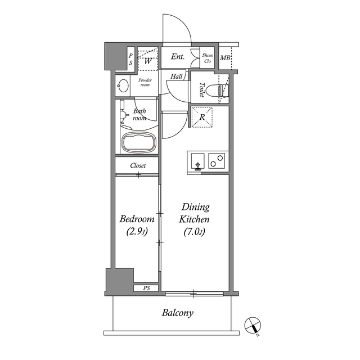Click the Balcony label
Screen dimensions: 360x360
[x=178, y=313]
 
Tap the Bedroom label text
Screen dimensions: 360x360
[x=137, y=219]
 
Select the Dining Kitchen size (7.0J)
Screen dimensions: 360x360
[x=194, y=232]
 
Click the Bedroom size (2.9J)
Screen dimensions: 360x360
[x=137, y=232]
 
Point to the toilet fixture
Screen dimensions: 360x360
[x=218, y=91]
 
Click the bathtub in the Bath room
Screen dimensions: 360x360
[x=139, y=142]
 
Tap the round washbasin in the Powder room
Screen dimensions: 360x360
[x=123, y=85]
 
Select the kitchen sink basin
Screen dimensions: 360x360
[x=197, y=161]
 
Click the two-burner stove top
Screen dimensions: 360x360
[x=217, y=161]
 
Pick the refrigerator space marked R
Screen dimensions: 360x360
[x=202, y=117]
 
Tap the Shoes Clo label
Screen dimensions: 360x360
[x=208, y=58]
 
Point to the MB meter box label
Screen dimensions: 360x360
[x=225, y=58]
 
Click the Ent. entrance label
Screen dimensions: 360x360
[x=178, y=57]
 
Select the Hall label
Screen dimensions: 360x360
[x=176, y=76]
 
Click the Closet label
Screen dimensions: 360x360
[x=138, y=165]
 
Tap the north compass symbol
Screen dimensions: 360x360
[x=253, y=326]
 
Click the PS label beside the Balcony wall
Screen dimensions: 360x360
[x=146, y=288]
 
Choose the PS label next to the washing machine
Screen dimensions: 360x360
[x=130, y=60]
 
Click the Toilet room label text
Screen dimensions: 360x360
[x=202, y=90]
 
